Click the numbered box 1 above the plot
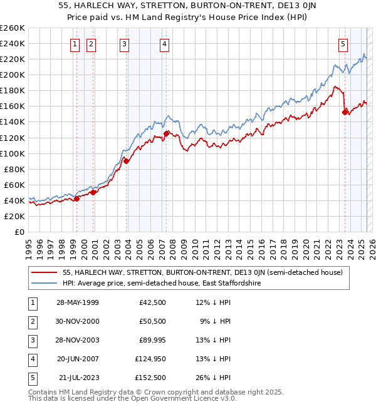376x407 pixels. pos(75,44)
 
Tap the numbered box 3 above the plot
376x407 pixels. pos(125,44)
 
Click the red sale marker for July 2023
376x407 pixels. pos(345,112)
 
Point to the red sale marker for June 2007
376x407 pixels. pos(166,133)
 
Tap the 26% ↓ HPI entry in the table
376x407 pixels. pos(214,378)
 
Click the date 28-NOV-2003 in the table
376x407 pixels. pos(78,341)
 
